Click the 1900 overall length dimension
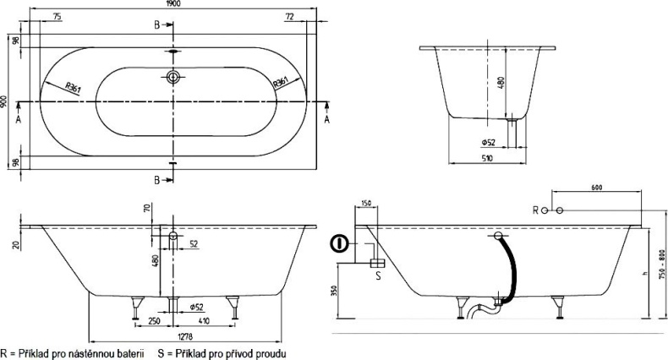click(174, 4)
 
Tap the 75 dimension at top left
click(56, 17)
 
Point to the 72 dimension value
click(288, 17)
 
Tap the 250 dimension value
click(153, 321)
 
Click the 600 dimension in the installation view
click(598, 188)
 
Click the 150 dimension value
click(365, 204)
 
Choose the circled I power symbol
click(339, 245)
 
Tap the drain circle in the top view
click(173, 79)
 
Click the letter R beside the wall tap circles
click(534, 209)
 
